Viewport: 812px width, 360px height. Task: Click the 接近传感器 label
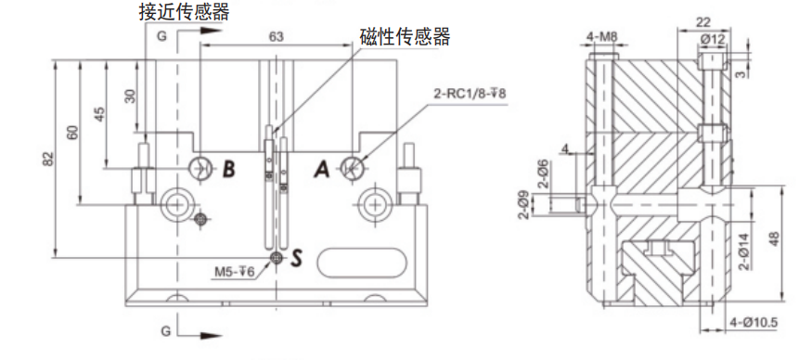pos(184,12)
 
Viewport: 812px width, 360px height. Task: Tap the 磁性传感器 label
pos(405,36)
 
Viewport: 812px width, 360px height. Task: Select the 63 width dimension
pos(277,36)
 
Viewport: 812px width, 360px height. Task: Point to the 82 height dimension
pos(47,159)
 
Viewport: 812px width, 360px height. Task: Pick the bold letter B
pos(229,168)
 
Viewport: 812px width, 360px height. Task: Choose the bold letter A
pos(322,168)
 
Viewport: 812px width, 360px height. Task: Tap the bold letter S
pos(296,257)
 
